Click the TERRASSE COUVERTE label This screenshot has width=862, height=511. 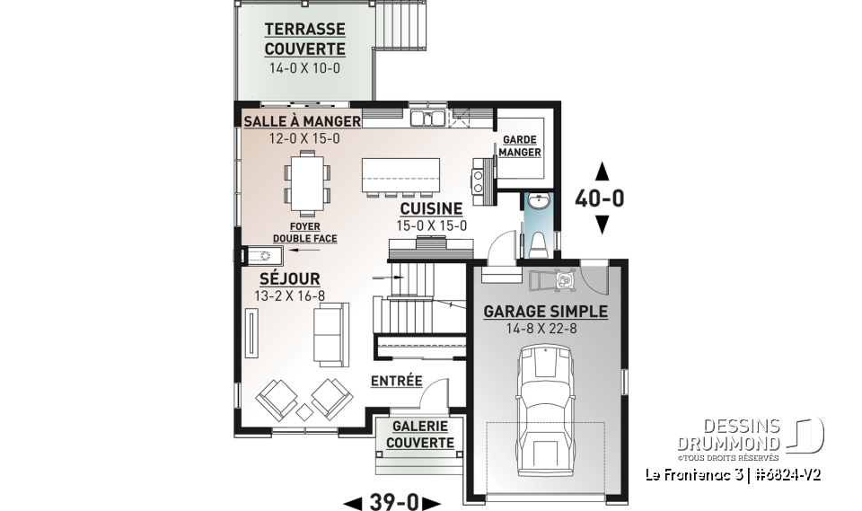click(304, 39)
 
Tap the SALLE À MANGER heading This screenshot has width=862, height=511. click(302, 120)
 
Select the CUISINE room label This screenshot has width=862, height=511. click(432, 208)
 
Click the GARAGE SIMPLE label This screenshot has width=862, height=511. click(545, 312)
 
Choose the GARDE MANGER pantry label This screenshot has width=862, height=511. click(521, 146)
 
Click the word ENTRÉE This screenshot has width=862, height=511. click(396, 381)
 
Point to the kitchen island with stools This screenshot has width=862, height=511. click(401, 176)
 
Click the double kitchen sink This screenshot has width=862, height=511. click(428, 118)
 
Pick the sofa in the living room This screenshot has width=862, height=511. click(330, 334)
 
